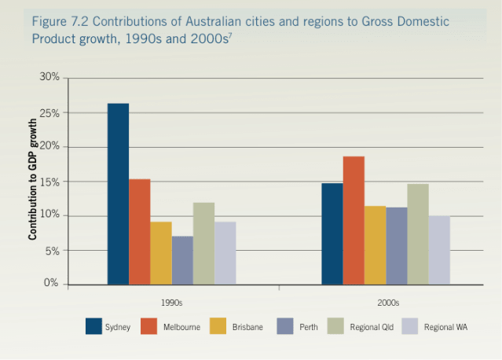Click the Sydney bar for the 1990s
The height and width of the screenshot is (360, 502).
click(x=118, y=193)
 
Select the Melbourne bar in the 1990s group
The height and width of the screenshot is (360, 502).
click(x=140, y=231)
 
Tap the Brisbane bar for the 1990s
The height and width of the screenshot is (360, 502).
click(x=161, y=252)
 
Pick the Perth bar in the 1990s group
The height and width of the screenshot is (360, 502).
click(x=182, y=259)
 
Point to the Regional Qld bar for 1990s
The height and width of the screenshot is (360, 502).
click(x=203, y=243)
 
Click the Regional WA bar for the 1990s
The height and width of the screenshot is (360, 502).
click(x=225, y=252)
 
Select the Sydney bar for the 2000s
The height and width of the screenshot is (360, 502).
click(x=332, y=233)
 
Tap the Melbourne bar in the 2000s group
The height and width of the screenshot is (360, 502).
click(x=354, y=220)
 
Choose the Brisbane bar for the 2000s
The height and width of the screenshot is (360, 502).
click(x=375, y=244)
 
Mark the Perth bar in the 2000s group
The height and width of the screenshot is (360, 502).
click(x=396, y=245)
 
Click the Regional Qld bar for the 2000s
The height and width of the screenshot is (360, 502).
click(x=418, y=233)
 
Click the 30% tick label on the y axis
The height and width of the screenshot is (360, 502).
click(x=49, y=78)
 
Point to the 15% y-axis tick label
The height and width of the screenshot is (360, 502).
click(x=49, y=182)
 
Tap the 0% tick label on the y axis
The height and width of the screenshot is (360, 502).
click(x=52, y=284)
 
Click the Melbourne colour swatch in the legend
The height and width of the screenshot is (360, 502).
click(x=150, y=326)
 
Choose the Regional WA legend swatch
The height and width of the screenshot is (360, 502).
click(x=411, y=326)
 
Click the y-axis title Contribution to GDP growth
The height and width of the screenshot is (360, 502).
click(x=33, y=180)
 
